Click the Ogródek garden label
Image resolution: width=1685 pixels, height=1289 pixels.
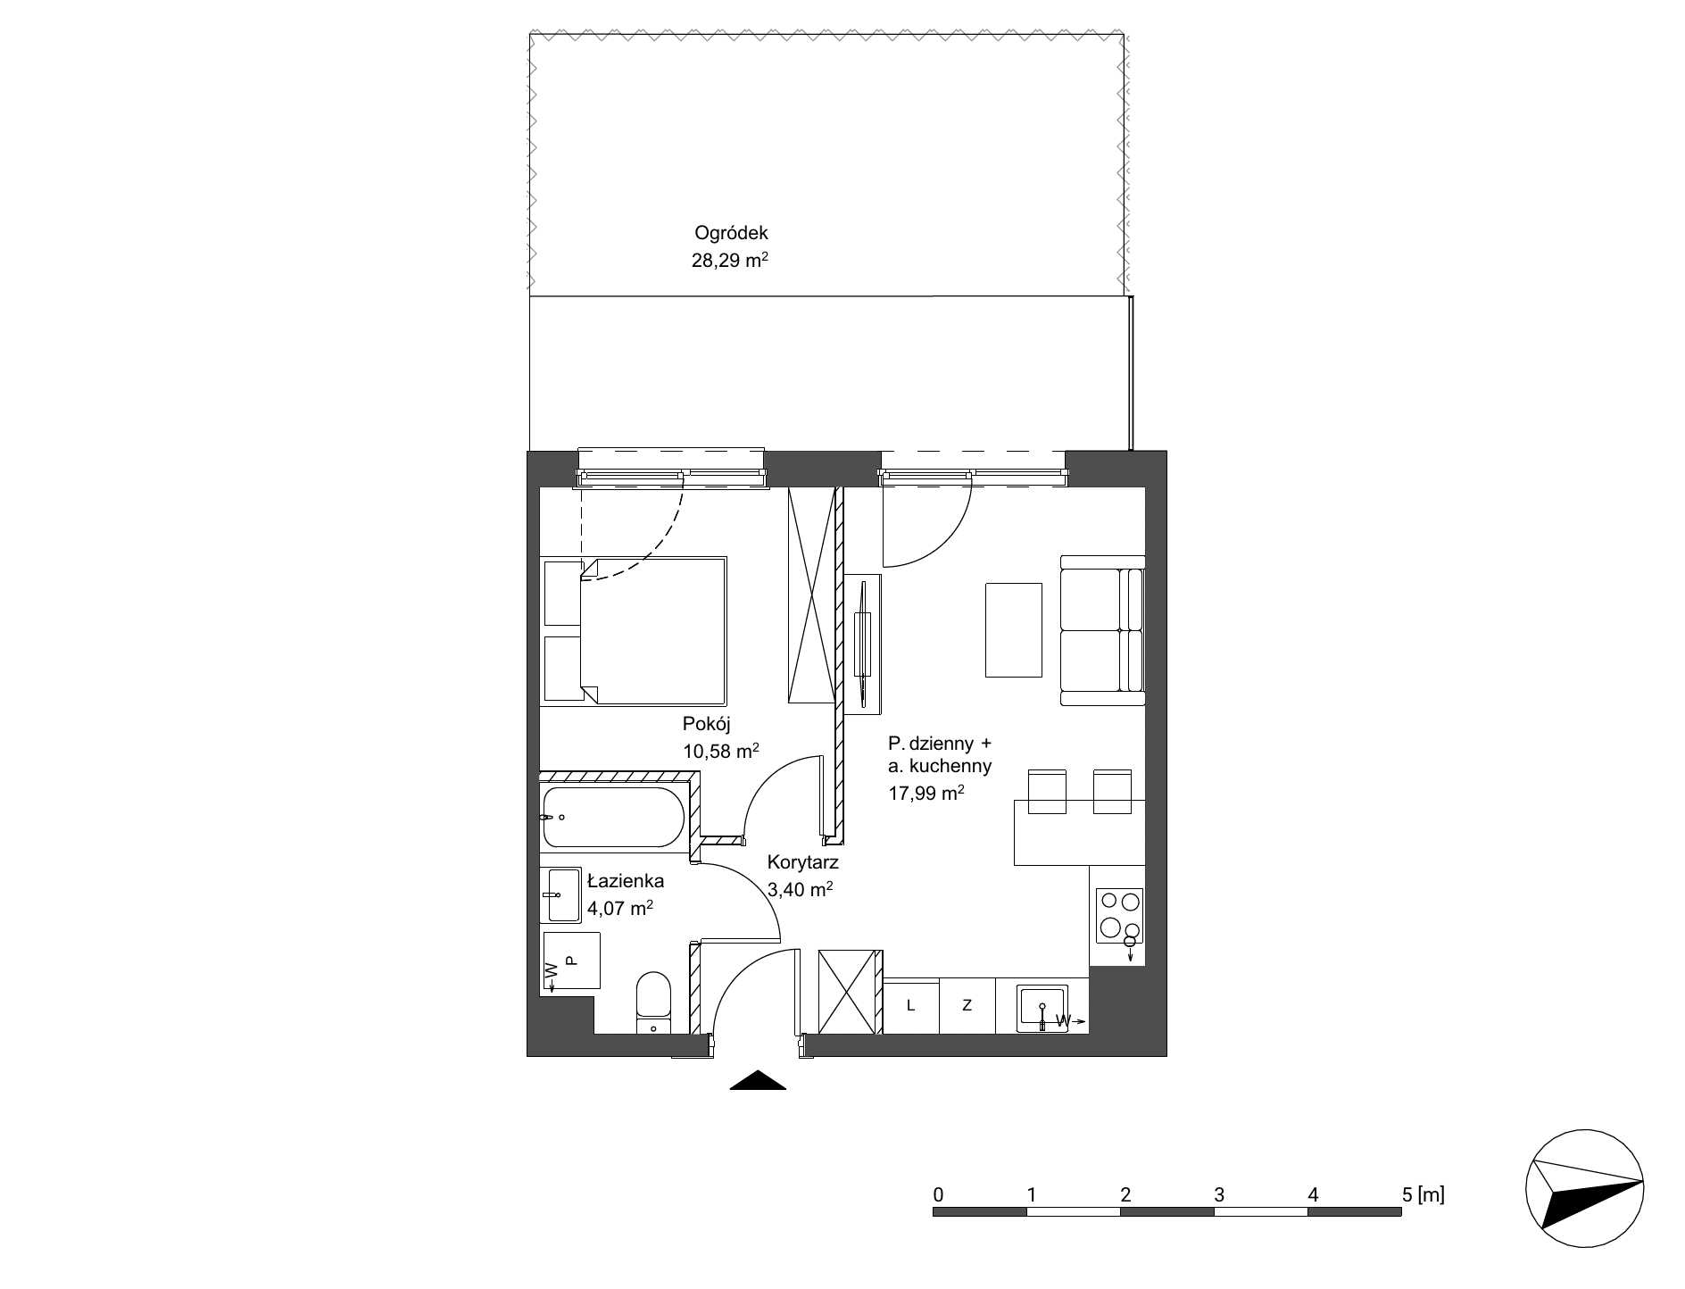[731, 234]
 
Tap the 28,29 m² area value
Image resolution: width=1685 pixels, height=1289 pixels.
[730, 261]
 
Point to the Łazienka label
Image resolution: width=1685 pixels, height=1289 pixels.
[625, 881]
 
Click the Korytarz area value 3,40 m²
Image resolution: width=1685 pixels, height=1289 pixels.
[801, 889]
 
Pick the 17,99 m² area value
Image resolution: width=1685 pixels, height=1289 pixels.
[926, 793]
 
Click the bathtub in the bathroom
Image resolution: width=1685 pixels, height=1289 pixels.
[613, 817]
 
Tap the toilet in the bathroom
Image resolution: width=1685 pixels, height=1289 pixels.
[653, 1002]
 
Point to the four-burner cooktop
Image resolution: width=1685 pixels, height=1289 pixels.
[1119, 916]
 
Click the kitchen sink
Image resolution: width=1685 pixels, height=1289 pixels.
[1042, 1009]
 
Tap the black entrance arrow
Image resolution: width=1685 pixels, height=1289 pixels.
[758, 1080]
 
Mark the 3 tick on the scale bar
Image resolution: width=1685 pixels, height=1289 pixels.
[1218, 1193]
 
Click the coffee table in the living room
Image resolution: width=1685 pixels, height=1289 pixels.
[1013, 630]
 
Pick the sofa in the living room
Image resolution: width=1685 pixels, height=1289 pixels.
[1102, 630]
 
